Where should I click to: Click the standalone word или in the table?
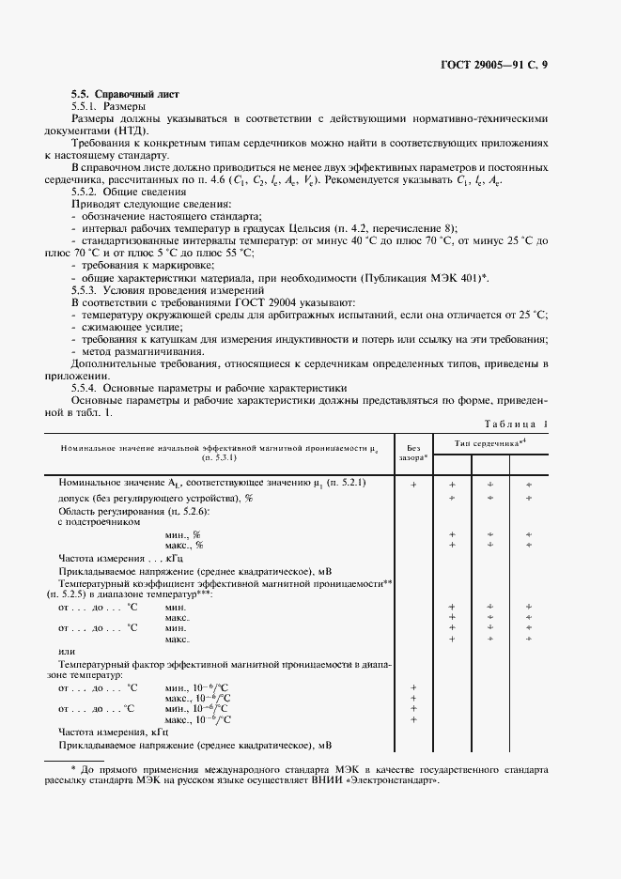pos(66,652)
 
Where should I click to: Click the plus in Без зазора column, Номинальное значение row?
pos(413,484)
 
